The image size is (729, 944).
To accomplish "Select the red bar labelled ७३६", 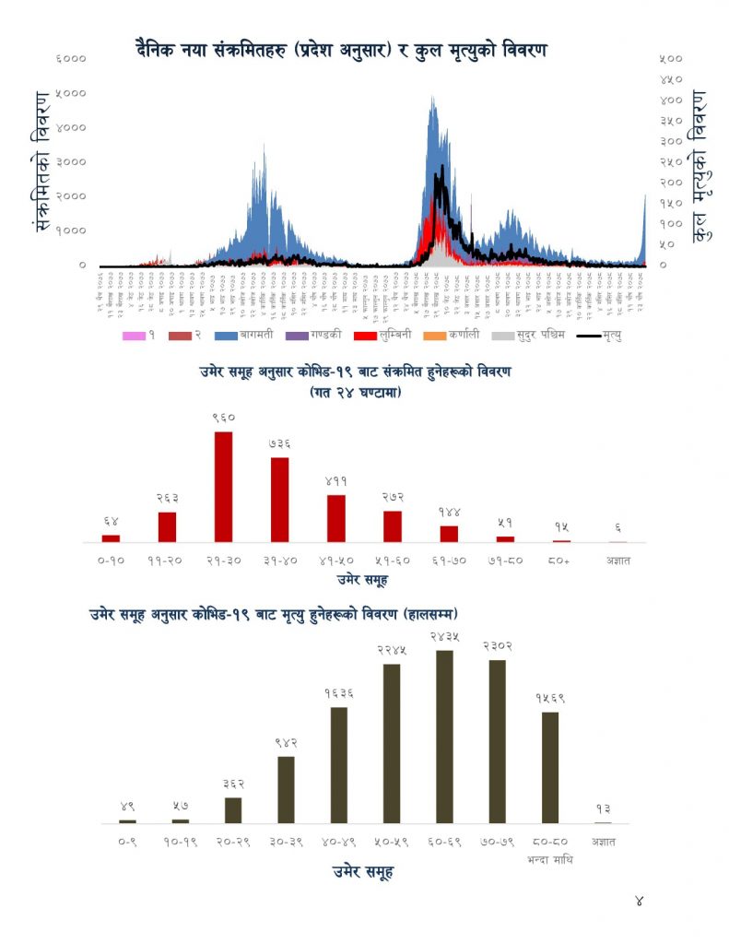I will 279,500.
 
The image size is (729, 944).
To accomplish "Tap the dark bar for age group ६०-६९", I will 444,737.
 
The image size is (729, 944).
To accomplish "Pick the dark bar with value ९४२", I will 286,789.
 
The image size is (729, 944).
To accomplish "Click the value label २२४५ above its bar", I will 392,650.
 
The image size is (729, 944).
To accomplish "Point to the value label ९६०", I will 223,418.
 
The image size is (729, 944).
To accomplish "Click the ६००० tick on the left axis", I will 72,58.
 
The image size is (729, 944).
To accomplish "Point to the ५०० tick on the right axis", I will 671,58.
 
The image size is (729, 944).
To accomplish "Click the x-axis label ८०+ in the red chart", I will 561,560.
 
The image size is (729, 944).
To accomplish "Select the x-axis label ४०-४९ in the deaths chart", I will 338,841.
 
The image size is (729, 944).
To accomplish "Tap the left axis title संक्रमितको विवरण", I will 41,161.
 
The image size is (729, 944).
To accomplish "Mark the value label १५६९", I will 550,698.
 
